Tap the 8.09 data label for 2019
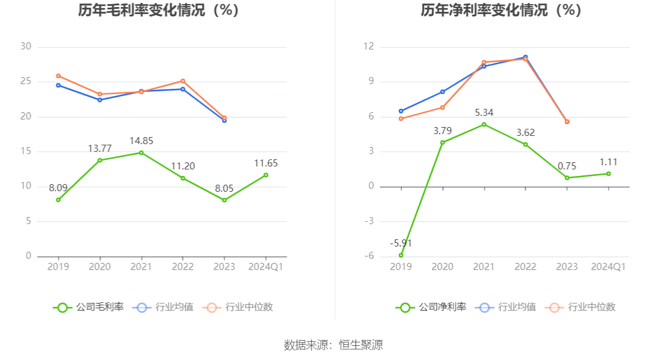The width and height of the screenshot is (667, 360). click(x=58, y=188)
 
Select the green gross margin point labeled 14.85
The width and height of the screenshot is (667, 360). click(x=141, y=152)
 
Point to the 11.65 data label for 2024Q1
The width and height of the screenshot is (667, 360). click(x=266, y=164)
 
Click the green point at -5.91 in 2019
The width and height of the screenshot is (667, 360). click(x=401, y=255)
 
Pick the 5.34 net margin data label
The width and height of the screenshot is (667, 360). click(x=484, y=112)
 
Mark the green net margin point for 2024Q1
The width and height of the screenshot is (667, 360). click(x=608, y=174)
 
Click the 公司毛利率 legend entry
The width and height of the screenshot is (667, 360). click(x=89, y=307)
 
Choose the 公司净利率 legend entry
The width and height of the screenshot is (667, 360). click(x=431, y=307)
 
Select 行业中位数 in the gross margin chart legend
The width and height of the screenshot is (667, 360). click(x=238, y=307)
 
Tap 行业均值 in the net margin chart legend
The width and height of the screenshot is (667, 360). click(x=507, y=307)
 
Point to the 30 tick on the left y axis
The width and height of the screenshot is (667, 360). click(x=25, y=46)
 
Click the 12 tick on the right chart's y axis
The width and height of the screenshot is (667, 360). click(x=368, y=46)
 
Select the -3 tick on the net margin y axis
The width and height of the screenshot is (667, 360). click(x=368, y=221)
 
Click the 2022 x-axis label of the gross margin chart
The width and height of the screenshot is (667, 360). click(x=182, y=266)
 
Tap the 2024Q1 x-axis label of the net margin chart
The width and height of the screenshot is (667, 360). click(x=608, y=266)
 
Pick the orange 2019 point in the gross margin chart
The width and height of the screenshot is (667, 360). click(x=58, y=76)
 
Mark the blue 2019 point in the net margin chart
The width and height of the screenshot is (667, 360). click(x=401, y=111)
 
